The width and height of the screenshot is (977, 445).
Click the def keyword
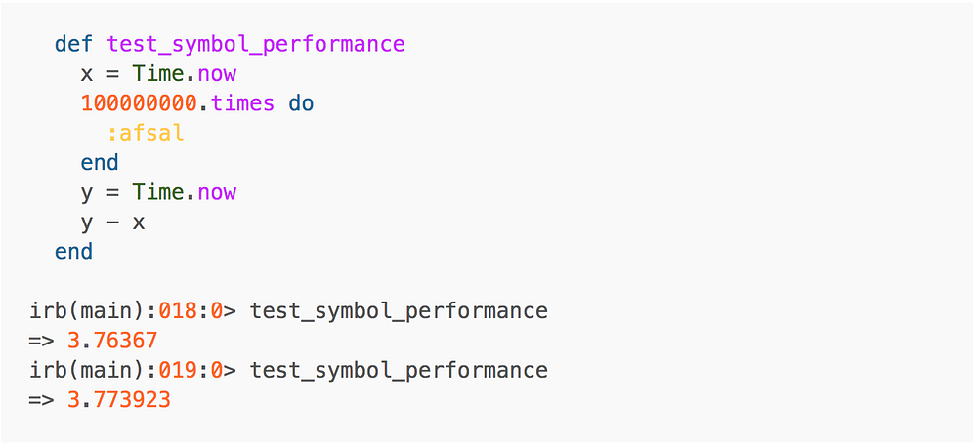point(73,44)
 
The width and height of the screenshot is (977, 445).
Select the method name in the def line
point(256,44)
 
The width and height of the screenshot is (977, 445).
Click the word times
point(242,103)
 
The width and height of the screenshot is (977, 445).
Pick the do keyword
point(301,103)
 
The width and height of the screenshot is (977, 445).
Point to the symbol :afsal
point(146,133)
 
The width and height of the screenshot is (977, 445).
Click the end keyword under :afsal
point(100,163)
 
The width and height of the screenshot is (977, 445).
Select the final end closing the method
point(73,252)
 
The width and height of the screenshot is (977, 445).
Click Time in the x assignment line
point(158,74)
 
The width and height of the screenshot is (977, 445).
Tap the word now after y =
point(217,192)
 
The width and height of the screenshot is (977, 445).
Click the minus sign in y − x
point(112,222)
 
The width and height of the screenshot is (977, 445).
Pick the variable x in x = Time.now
point(87,74)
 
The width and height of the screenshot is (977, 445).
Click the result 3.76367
point(112,341)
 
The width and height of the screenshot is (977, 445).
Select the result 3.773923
point(119,400)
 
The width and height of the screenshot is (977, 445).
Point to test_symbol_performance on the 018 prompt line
point(399,311)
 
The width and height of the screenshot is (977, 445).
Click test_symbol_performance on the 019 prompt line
point(399,371)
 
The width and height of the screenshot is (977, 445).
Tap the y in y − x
point(87,223)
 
